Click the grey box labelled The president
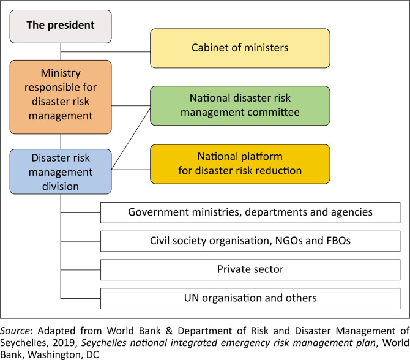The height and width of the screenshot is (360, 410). (x=60, y=26)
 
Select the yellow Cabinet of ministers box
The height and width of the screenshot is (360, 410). (x=240, y=47)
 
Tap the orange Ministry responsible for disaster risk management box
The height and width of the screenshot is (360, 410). (x=60, y=97)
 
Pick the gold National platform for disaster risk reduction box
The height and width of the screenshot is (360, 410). (x=240, y=163)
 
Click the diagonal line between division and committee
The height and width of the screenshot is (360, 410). (x=132, y=136)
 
